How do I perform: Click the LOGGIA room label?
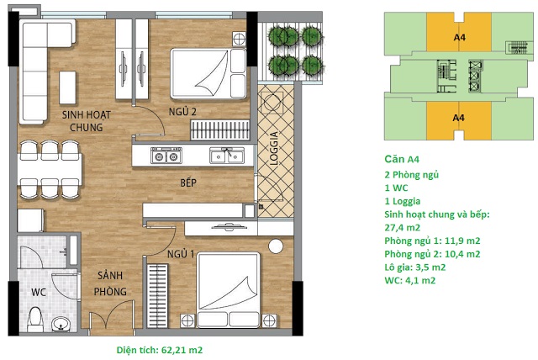pos(274,149)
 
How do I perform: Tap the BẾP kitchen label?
pos(188,183)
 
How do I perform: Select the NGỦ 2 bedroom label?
pos(182,112)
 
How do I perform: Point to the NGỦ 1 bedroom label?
pos(181,254)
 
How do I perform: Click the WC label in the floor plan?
pos(39,293)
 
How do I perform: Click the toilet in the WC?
pos(35,320)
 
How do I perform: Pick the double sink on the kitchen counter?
pos(227,155)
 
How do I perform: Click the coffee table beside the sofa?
pos(67,87)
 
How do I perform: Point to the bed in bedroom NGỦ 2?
pos(208,73)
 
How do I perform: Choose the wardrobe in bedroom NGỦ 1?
pos(158,296)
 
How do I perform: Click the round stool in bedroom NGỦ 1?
pos(276,246)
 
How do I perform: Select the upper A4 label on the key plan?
pos(460,37)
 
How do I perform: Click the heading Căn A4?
pos(402,159)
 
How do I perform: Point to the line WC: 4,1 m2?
pos(410,280)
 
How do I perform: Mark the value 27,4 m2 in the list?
pos(402,228)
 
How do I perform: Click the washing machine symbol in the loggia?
pos(272,102)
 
